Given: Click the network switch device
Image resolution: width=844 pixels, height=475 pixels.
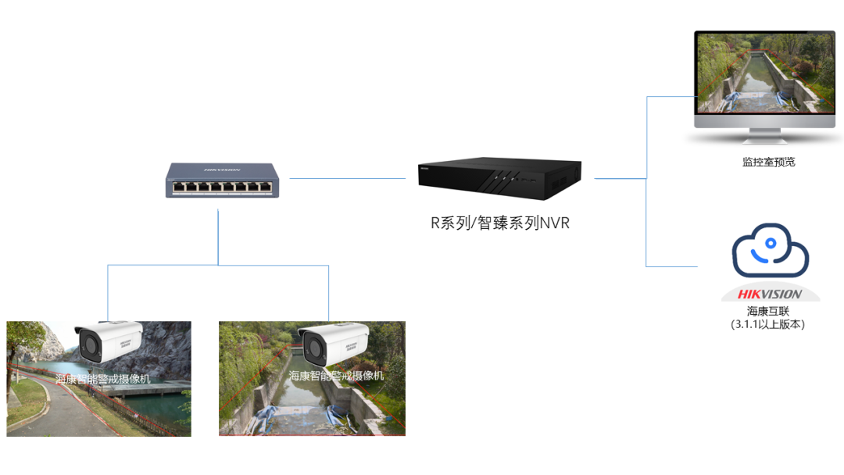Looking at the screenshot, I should [x=223, y=180].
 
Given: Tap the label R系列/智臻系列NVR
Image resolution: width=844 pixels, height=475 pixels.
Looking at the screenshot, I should [x=500, y=223].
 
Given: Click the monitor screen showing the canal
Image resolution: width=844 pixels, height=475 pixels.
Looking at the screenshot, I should [x=764, y=73].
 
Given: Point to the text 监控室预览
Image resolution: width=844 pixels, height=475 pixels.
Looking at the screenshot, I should [x=768, y=162].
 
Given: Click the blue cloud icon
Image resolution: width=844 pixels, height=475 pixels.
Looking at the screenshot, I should [x=770, y=251].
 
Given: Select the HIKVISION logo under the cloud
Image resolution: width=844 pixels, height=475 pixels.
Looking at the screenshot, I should [x=770, y=295].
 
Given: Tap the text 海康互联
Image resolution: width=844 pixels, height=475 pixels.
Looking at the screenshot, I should [x=768, y=311].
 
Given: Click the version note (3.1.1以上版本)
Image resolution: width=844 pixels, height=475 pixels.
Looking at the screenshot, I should [x=768, y=324].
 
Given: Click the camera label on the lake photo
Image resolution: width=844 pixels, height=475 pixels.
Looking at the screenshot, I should [x=102, y=379].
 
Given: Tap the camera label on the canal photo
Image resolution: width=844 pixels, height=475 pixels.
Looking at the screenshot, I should [x=336, y=376].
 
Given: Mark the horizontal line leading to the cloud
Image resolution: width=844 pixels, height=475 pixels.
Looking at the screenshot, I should [x=672, y=266].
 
